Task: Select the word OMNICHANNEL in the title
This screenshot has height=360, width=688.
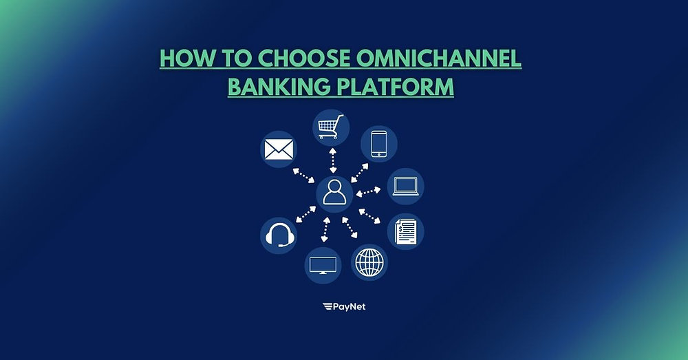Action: pyautogui.click(x=439, y=59)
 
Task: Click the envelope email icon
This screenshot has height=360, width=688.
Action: pyautogui.click(x=278, y=149)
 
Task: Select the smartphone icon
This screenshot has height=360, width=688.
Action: pyautogui.click(x=379, y=144)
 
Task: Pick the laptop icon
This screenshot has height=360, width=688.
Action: pyautogui.click(x=406, y=187)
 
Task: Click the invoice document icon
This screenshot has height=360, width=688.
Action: pyautogui.click(x=406, y=231)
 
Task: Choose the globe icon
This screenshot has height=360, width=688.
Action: pyautogui.click(x=369, y=262)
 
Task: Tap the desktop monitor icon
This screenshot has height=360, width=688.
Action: pyautogui.click(x=323, y=265)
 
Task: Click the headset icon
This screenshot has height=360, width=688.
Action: pyautogui.click(x=279, y=235)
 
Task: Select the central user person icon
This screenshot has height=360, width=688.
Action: pyautogui.click(x=334, y=193)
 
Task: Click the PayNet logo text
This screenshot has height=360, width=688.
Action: pyautogui.click(x=343, y=306)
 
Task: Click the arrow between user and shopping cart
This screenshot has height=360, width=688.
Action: pyautogui.click(x=333, y=160)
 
